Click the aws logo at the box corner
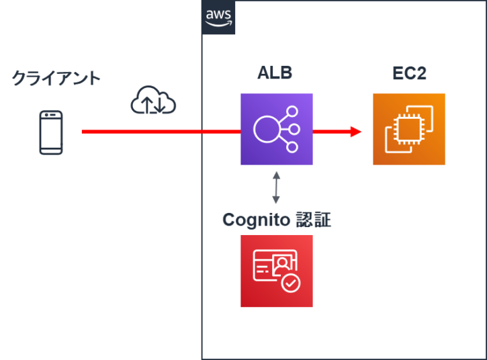(x=218, y=17)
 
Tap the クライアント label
(x=56, y=79)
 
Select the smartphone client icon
(x=50, y=132)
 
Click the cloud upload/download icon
(x=153, y=100)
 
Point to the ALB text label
(x=275, y=73)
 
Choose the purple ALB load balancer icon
(x=277, y=129)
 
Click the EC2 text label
(x=409, y=73)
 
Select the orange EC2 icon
(x=409, y=129)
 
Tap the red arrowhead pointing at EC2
(x=356, y=132)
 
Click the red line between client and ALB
(x=161, y=132)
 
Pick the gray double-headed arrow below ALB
(x=275, y=187)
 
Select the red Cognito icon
(x=277, y=271)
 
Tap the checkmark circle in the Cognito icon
(x=291, y=283)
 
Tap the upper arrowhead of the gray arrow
(x=275, y=173)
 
